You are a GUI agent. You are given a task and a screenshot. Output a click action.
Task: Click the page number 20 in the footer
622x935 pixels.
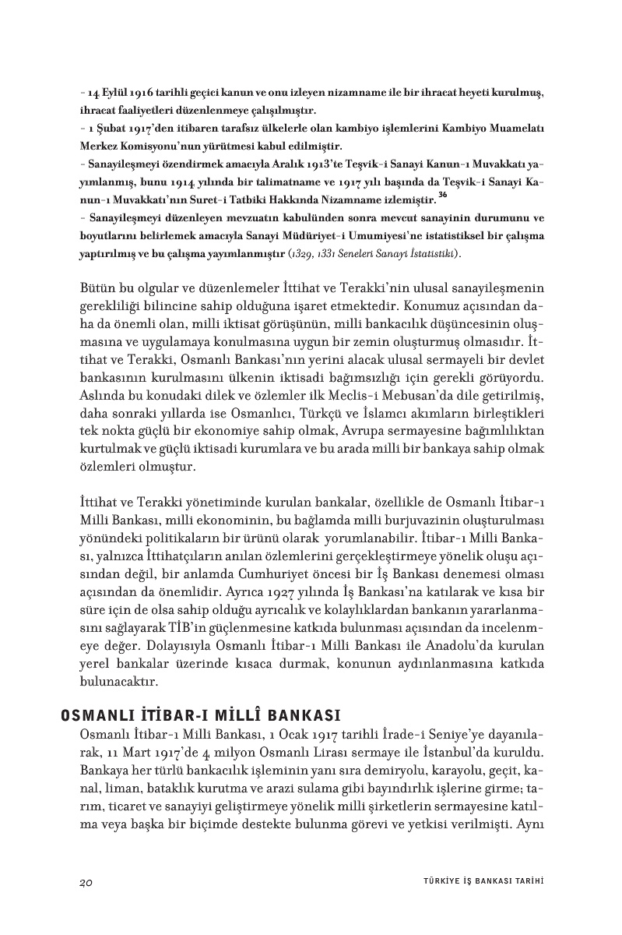coord(86,882)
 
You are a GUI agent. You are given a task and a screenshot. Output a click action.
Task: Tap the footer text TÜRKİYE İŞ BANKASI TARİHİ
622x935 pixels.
coord(477,882)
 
